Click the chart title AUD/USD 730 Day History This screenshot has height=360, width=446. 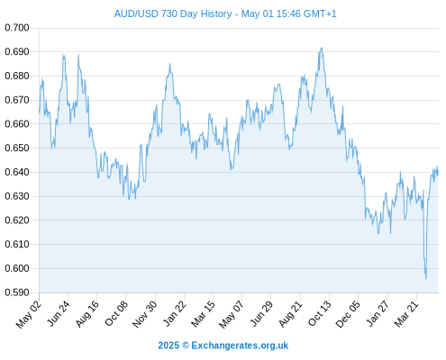[173, 13]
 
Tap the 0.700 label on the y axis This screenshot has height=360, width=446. [17, 28]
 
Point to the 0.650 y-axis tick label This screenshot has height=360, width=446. [17, 148]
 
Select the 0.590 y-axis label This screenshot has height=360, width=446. [17, 292]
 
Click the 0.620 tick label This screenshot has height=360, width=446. [17, 220]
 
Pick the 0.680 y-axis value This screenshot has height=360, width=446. [17, 76]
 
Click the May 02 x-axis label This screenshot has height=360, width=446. [29, 314]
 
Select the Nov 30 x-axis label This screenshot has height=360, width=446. [145, 314]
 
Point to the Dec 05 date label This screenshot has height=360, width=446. [347, 314]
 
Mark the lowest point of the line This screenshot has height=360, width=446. [426, 279]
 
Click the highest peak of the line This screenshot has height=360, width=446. [322, 48]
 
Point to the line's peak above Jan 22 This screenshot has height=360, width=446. [169, 64]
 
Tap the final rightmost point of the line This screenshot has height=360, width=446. [438, 173]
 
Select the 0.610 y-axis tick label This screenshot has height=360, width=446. [17, 244]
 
